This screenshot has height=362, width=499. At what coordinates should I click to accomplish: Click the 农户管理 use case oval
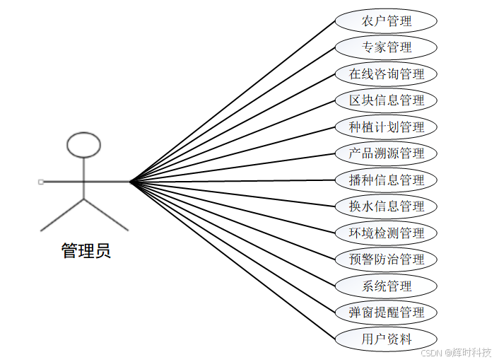(x=386, y=21)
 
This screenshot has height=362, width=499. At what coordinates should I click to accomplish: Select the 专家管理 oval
(x=386, y=47)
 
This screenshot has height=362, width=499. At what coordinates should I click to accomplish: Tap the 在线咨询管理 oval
(x=386, y=74)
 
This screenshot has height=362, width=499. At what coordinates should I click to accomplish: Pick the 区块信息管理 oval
(x=386, y=100)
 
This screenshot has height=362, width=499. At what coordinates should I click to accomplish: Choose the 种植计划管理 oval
(x=386, y=127)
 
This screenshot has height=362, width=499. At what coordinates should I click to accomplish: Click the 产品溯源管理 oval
(x=386, y=153)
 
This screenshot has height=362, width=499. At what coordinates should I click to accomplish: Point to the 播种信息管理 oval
(x=386, y=180)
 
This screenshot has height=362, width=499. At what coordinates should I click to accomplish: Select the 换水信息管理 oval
(x=386, y=206)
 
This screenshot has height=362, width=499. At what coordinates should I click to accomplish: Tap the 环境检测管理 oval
(x=386, y=233)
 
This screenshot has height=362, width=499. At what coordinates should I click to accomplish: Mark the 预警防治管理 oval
(x=386, y=259)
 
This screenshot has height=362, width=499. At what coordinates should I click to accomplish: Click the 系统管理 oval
(x=386, y=286)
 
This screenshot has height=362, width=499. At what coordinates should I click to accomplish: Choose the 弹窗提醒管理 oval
(x=386, y=313)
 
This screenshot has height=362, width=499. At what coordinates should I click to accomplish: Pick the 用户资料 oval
(x=386, y=339)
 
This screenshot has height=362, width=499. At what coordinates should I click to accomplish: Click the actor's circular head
(x=83, y=144)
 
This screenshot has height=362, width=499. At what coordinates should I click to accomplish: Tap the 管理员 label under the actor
(x=86, y=251)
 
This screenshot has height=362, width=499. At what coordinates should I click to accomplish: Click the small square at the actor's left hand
(x=40, y=182)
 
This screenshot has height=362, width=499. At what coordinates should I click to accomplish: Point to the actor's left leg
(x=62, y=215)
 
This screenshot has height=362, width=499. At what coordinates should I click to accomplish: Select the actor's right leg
(x=106, y=215)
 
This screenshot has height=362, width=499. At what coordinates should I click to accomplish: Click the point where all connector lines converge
(x=130, y=182)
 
